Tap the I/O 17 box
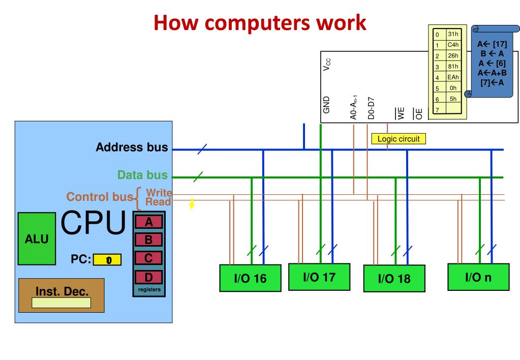tap(319, 277)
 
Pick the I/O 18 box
tap(393, 279)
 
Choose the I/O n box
tap(477, 277)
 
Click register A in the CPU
tap(149, 222)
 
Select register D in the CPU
tap(149, 277)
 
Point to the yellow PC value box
tap(108, 260)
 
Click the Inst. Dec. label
tap(62, 292)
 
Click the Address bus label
tap(132, 147)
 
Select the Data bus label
tap(142, 175)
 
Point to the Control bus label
tap(100, 197)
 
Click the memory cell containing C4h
tap(453, 45)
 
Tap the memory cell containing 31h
tap(453, 34)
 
